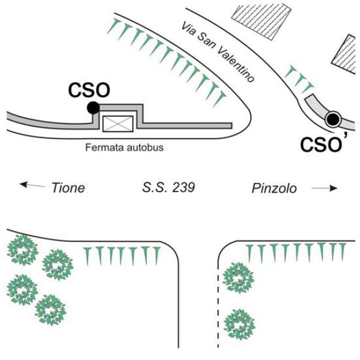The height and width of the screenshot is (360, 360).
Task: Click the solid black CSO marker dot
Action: coord(92,107)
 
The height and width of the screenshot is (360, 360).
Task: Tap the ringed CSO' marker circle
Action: coord(332,119)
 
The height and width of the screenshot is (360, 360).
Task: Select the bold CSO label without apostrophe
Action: coord(89,91)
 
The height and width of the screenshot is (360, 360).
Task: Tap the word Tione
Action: coord(68,188)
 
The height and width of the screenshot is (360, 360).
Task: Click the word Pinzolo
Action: coord(274,188)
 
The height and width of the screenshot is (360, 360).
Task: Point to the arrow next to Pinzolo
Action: coord(325,188)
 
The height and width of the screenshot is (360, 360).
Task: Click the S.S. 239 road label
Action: coord(169,188)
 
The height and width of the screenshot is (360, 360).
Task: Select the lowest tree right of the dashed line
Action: coord(239,325)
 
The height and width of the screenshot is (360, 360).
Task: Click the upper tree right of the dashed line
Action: coord(238,278)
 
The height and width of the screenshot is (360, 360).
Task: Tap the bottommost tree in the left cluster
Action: coord(50,310)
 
